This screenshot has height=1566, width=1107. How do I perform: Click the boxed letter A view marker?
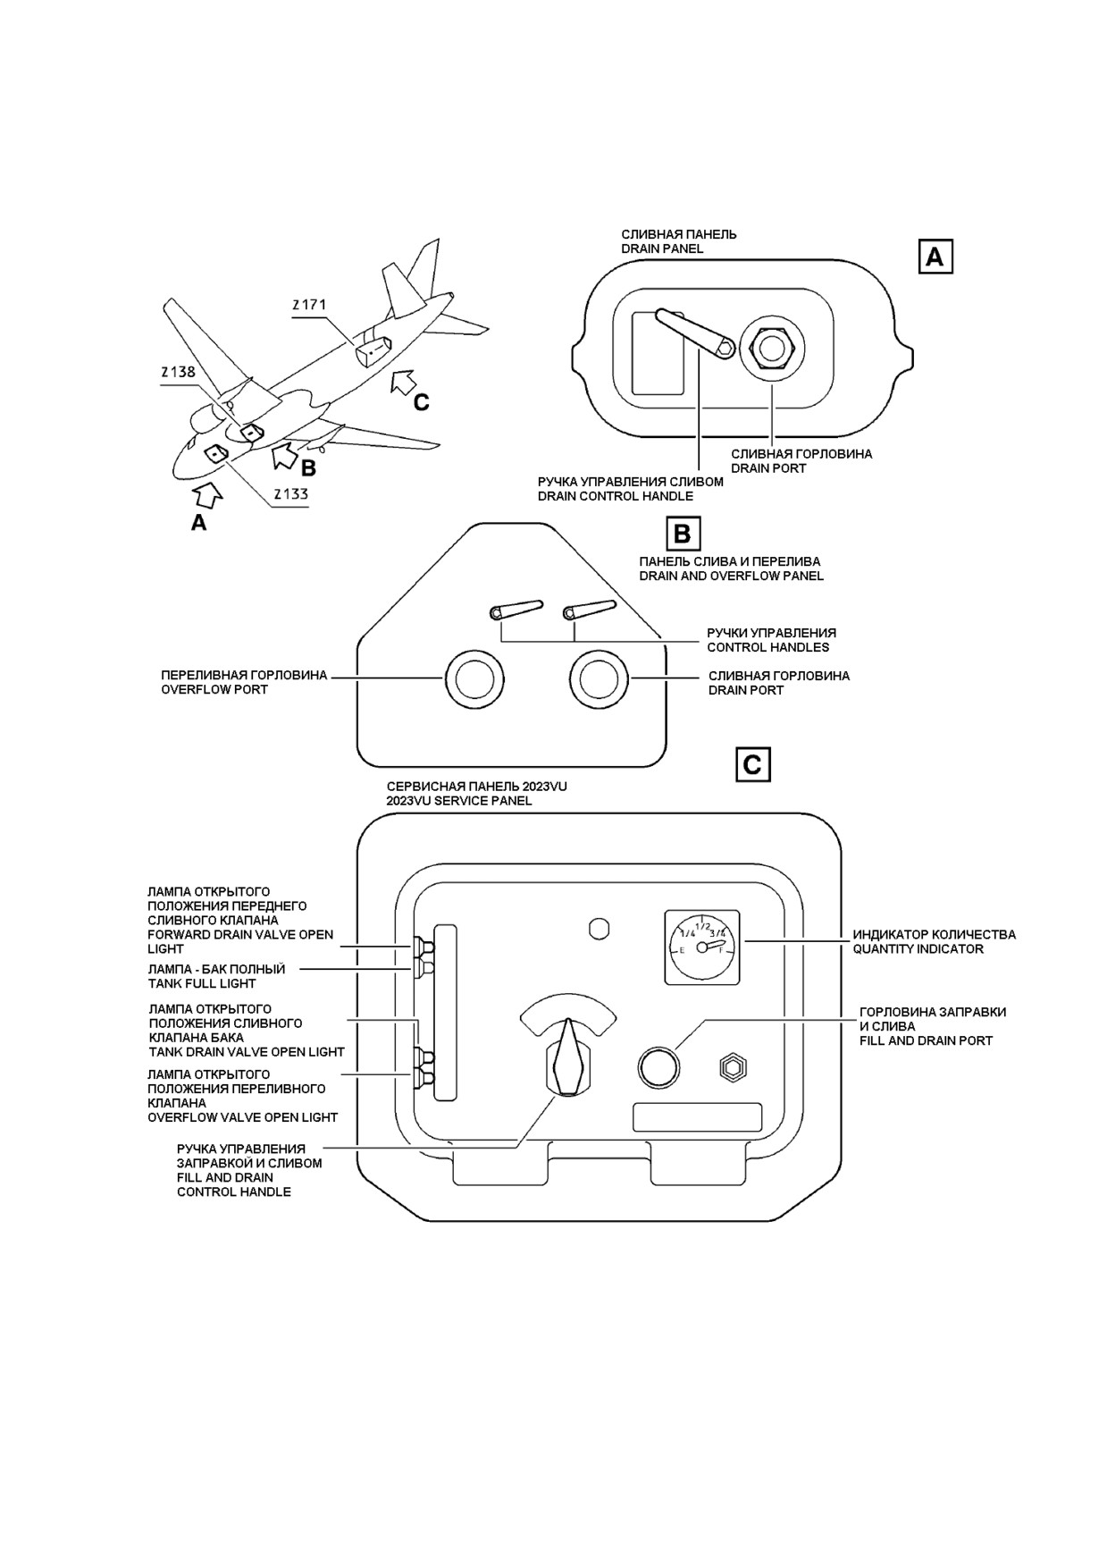click(935, 257)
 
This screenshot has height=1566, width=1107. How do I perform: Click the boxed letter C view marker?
click(753, 765)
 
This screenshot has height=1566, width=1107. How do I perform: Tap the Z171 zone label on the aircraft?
click(309, 305)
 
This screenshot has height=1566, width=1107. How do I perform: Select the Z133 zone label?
click(290, 493)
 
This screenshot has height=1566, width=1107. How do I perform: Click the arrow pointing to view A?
click(208, 493)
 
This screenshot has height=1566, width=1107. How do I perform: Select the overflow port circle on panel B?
click(474, 678)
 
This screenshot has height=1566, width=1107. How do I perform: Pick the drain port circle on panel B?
click(600, 678)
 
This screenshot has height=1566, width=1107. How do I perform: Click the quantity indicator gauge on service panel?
click(703, 947)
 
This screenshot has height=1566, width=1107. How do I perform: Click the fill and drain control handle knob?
click(568, 1057)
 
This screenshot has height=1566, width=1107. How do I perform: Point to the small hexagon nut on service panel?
click(733, 1067)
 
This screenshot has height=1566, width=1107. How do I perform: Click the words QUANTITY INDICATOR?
click(918, 949)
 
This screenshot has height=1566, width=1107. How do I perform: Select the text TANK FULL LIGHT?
click(202, 983)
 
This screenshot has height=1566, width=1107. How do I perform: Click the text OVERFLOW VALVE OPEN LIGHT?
click(243, 1117)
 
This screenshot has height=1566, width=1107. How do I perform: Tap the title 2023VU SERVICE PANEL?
click(459, 801)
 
